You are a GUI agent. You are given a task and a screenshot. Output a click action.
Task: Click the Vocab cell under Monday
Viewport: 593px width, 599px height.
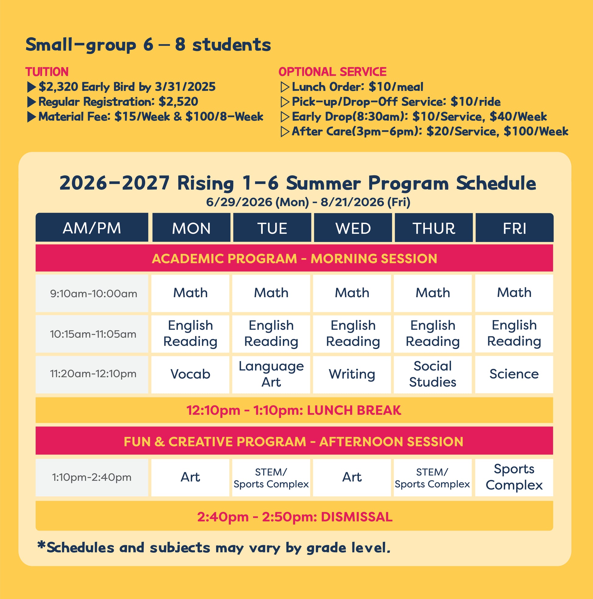(x=190, y=374)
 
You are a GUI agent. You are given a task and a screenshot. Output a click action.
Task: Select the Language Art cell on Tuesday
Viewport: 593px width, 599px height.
(x=271, y=374)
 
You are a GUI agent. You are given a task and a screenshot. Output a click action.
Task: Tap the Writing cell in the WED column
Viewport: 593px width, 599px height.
(x=352, y=374)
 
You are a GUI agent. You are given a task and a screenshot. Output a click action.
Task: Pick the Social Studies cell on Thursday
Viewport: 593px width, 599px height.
(x=432, y=374)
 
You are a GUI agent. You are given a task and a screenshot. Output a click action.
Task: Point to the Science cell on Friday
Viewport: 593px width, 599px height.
(x=514, y=374)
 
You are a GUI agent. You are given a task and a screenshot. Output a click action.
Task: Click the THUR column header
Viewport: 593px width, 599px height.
(x=433, y=228)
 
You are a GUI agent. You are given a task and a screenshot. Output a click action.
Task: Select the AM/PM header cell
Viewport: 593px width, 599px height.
(x=92, y=228)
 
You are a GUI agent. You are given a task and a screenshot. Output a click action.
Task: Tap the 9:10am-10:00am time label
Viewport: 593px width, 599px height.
(x=93, y=293)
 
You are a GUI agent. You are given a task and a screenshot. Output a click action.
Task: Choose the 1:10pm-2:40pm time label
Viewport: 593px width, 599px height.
(x=92, y=477)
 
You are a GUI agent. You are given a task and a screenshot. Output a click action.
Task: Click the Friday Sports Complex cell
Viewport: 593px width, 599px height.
(x=514, y=477)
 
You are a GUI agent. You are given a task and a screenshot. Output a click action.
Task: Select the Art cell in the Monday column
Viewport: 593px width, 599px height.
(x=190, y=477)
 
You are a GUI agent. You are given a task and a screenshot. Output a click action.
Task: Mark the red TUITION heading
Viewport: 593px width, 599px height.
(x=47, y=72)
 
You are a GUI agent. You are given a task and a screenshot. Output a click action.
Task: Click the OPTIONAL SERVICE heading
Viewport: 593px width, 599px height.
(x=332, y=72)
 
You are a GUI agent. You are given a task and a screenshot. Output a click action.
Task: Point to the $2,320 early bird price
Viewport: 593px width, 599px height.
(x=58, y=87)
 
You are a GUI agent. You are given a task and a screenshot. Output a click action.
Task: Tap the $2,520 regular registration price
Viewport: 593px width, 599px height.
(x=178, y=102)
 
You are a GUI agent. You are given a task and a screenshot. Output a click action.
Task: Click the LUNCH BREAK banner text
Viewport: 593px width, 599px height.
(x=354, y=410)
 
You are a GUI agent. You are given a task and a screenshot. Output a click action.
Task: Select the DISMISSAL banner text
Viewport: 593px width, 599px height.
(x=357, y=517)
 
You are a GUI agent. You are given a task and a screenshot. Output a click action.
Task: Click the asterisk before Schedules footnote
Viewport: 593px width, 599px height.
(x=41, y=545)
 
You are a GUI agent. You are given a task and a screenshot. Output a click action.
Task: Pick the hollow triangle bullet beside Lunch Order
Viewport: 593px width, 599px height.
(x=285, y=87)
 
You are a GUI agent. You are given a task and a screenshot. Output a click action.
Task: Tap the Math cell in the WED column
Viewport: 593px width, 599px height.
(x=352, y=293)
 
